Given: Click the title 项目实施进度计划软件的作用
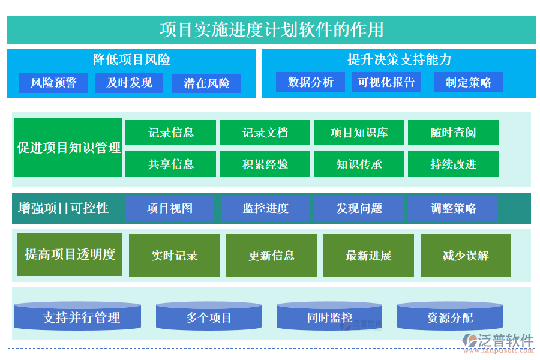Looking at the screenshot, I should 271,29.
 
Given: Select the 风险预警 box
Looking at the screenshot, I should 53,83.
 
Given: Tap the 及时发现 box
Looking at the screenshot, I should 129,83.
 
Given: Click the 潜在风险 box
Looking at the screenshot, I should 206,83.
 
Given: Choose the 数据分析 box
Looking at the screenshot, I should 310,82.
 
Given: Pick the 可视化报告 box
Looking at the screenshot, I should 386,82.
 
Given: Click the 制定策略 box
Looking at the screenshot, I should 468,82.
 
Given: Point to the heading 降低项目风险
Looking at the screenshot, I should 131,60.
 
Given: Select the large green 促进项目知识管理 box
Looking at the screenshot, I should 68,148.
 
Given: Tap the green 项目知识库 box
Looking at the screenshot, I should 359,133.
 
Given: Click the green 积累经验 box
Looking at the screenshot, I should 265,164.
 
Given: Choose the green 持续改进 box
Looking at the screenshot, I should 453,164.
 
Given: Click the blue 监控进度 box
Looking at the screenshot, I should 265,208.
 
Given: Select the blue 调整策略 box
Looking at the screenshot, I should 453,208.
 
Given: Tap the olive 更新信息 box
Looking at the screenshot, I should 272,256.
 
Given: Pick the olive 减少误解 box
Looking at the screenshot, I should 466,256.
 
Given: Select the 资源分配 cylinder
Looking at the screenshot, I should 450,317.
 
